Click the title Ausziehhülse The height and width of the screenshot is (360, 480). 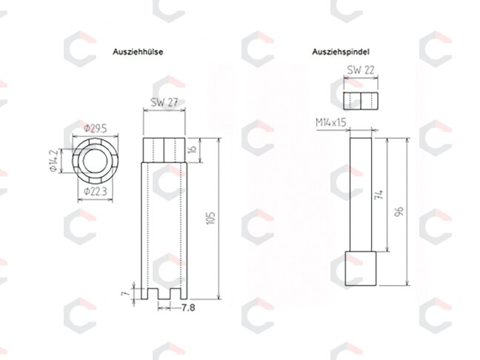pos(138,52)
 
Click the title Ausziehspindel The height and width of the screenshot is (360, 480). pos(341,52)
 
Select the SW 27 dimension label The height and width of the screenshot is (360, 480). pos(164,102)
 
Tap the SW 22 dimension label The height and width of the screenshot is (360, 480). pos(361,70)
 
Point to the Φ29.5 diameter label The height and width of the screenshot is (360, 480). pos(96,129)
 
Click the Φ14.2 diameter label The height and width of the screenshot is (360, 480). pos(54,161)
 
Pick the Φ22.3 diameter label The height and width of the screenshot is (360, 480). pos(96,192)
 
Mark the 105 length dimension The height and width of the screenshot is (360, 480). pos(211,219)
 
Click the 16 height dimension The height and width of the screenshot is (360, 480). pos(193,150)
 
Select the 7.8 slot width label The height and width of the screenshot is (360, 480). pos(188,307)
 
